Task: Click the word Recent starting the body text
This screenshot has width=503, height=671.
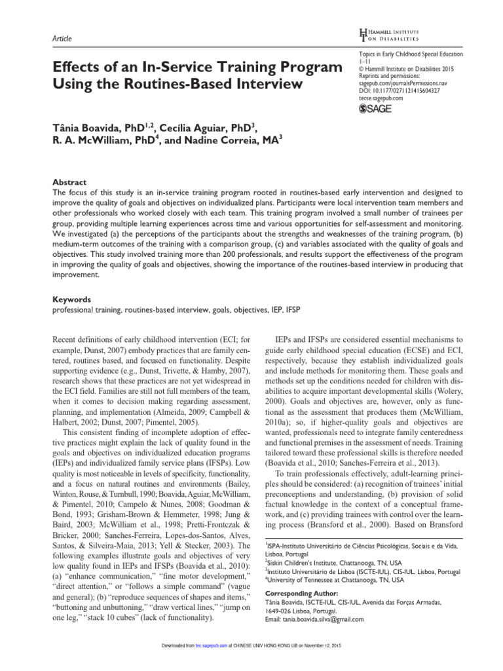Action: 64,339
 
